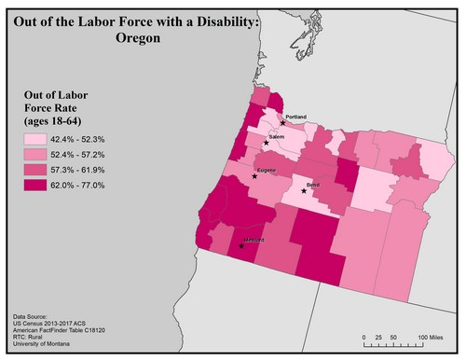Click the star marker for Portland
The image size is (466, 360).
pos(282,122)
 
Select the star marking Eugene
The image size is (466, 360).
pos(254,175)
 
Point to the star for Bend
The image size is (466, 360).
pos(304,190)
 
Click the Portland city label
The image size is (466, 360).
pos(295,117)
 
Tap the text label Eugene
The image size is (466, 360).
pos(266,170)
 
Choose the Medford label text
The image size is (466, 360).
pos(254,241)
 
